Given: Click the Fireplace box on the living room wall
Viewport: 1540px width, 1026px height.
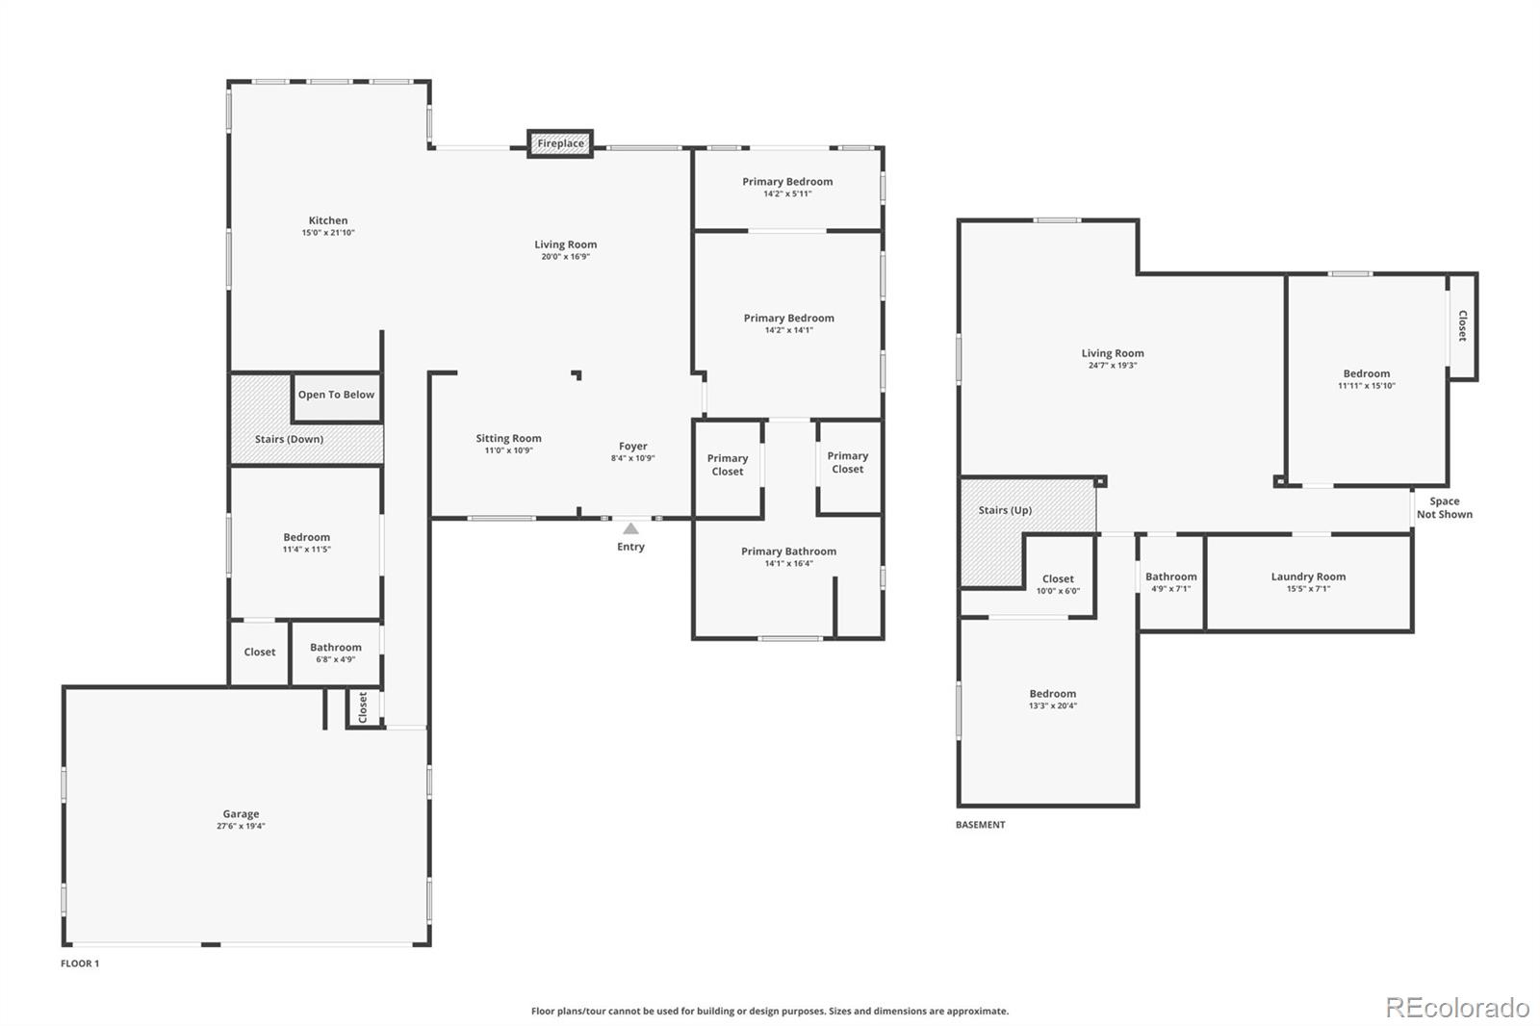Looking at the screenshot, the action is point(560,143).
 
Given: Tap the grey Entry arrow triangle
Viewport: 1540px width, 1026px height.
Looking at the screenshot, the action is point(630,528).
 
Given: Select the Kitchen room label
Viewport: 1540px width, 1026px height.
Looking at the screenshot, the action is point(328,220).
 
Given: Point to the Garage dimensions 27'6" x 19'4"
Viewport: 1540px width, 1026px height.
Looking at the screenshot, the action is point(241,826).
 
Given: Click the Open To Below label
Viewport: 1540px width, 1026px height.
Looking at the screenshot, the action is point(336,395).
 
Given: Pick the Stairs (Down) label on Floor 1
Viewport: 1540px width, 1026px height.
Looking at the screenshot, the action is point(289,440).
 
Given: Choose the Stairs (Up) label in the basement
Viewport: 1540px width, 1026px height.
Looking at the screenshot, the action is point(1005,510).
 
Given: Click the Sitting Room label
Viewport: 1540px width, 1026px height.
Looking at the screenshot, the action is point(509,438).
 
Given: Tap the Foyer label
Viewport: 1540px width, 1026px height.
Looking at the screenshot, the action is point(633,447).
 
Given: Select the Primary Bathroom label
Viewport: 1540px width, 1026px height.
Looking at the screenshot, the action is point(788,551).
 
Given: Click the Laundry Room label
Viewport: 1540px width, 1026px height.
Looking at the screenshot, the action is point(1308,577).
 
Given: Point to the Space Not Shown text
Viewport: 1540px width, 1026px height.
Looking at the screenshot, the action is point(1445,507).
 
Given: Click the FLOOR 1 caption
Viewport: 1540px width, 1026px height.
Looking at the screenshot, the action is point(80,963).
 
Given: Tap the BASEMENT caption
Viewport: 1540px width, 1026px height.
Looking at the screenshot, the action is point(981,825).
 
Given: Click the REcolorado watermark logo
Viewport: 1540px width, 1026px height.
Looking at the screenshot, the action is point(1457,1008).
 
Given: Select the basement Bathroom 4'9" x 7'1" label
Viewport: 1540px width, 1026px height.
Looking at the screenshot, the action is point(1170,581).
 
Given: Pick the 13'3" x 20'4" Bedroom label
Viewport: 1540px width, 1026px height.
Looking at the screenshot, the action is point(1053,700).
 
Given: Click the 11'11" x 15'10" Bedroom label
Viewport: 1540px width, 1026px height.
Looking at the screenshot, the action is point(1366,379).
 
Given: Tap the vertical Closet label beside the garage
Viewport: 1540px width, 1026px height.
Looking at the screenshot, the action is point(363,706).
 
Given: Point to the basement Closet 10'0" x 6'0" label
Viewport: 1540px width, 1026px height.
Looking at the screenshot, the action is point(1058,584).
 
